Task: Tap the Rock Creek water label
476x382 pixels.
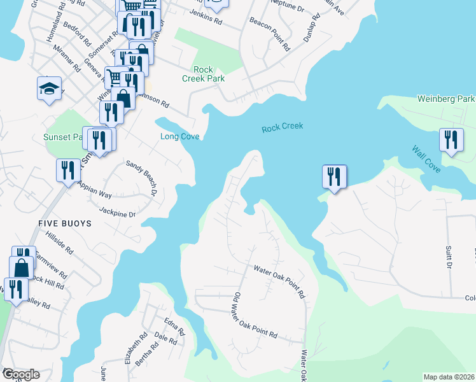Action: point(283,127)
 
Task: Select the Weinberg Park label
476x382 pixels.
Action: point(445,99)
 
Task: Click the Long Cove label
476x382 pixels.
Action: point(179,137)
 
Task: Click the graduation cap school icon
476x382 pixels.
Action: point(48,89)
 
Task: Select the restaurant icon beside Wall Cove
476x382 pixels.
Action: point(451,141)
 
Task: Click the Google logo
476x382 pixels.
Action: point(20,374)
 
